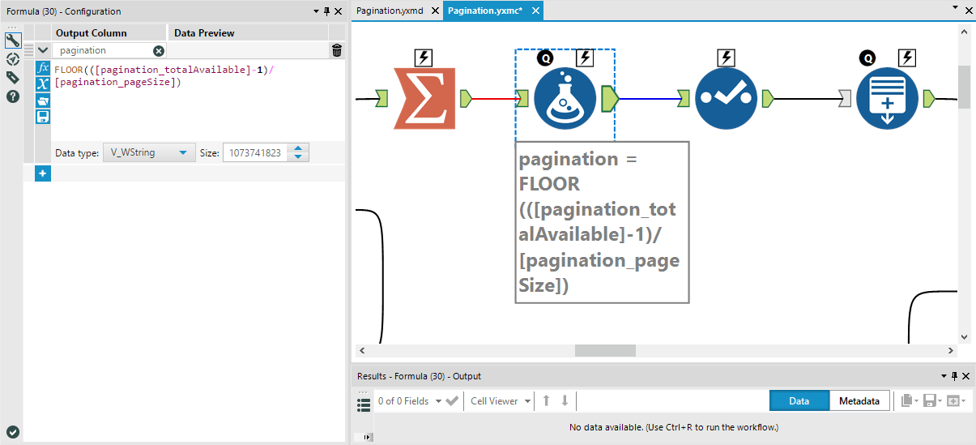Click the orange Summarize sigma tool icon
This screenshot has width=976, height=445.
pos(424,99)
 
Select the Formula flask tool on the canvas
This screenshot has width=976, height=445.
pos(565,99)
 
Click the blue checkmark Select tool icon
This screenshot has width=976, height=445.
pos(726,99)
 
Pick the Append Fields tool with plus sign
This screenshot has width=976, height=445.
pos(887,99)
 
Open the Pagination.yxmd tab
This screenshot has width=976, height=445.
pos(390,11)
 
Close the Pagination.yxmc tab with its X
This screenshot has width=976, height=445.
pos(535,11)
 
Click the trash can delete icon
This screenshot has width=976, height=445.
pos(337,50)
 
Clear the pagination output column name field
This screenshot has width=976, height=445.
pos(159,51)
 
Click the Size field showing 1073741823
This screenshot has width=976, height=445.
pos(255,153)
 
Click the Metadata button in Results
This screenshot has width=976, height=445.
pos(859,401)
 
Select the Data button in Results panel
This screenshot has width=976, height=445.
pos(799,401)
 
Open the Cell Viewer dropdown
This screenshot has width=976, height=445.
pos(501,401)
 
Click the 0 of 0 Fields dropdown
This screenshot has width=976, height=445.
pos(410,401)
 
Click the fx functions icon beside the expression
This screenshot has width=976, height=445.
pos(43,68)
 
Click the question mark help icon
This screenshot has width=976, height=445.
pos(13,96)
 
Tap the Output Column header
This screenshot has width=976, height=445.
pos(91,33)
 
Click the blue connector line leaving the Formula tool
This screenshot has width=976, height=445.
pos(648,99)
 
